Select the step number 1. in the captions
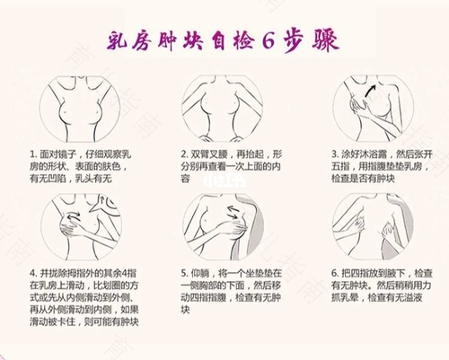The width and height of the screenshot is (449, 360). coord(32,154)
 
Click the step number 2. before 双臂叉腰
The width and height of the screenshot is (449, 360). coord(184,154)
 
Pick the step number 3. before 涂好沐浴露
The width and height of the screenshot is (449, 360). coord(334,154)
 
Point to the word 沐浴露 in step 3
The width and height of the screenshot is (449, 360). coord(368,154)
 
